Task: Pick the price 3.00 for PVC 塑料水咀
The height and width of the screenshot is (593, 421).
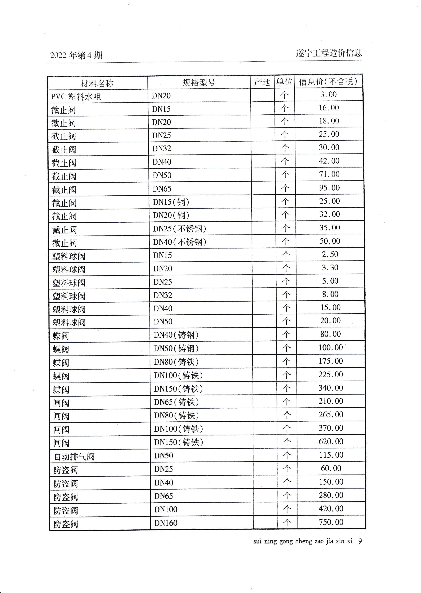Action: pyautogui.click(x=328, y=94)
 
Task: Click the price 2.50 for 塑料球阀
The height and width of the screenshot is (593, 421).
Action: pyautogui.click(x=330, y=254)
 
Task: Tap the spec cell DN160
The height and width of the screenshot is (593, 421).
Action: pyautogui.click(x=166, y=523)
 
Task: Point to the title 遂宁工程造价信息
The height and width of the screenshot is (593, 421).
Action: pyautogui.click(x=329, y=53)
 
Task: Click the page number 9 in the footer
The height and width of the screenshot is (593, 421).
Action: pyautogui.click(x=360, y=541)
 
